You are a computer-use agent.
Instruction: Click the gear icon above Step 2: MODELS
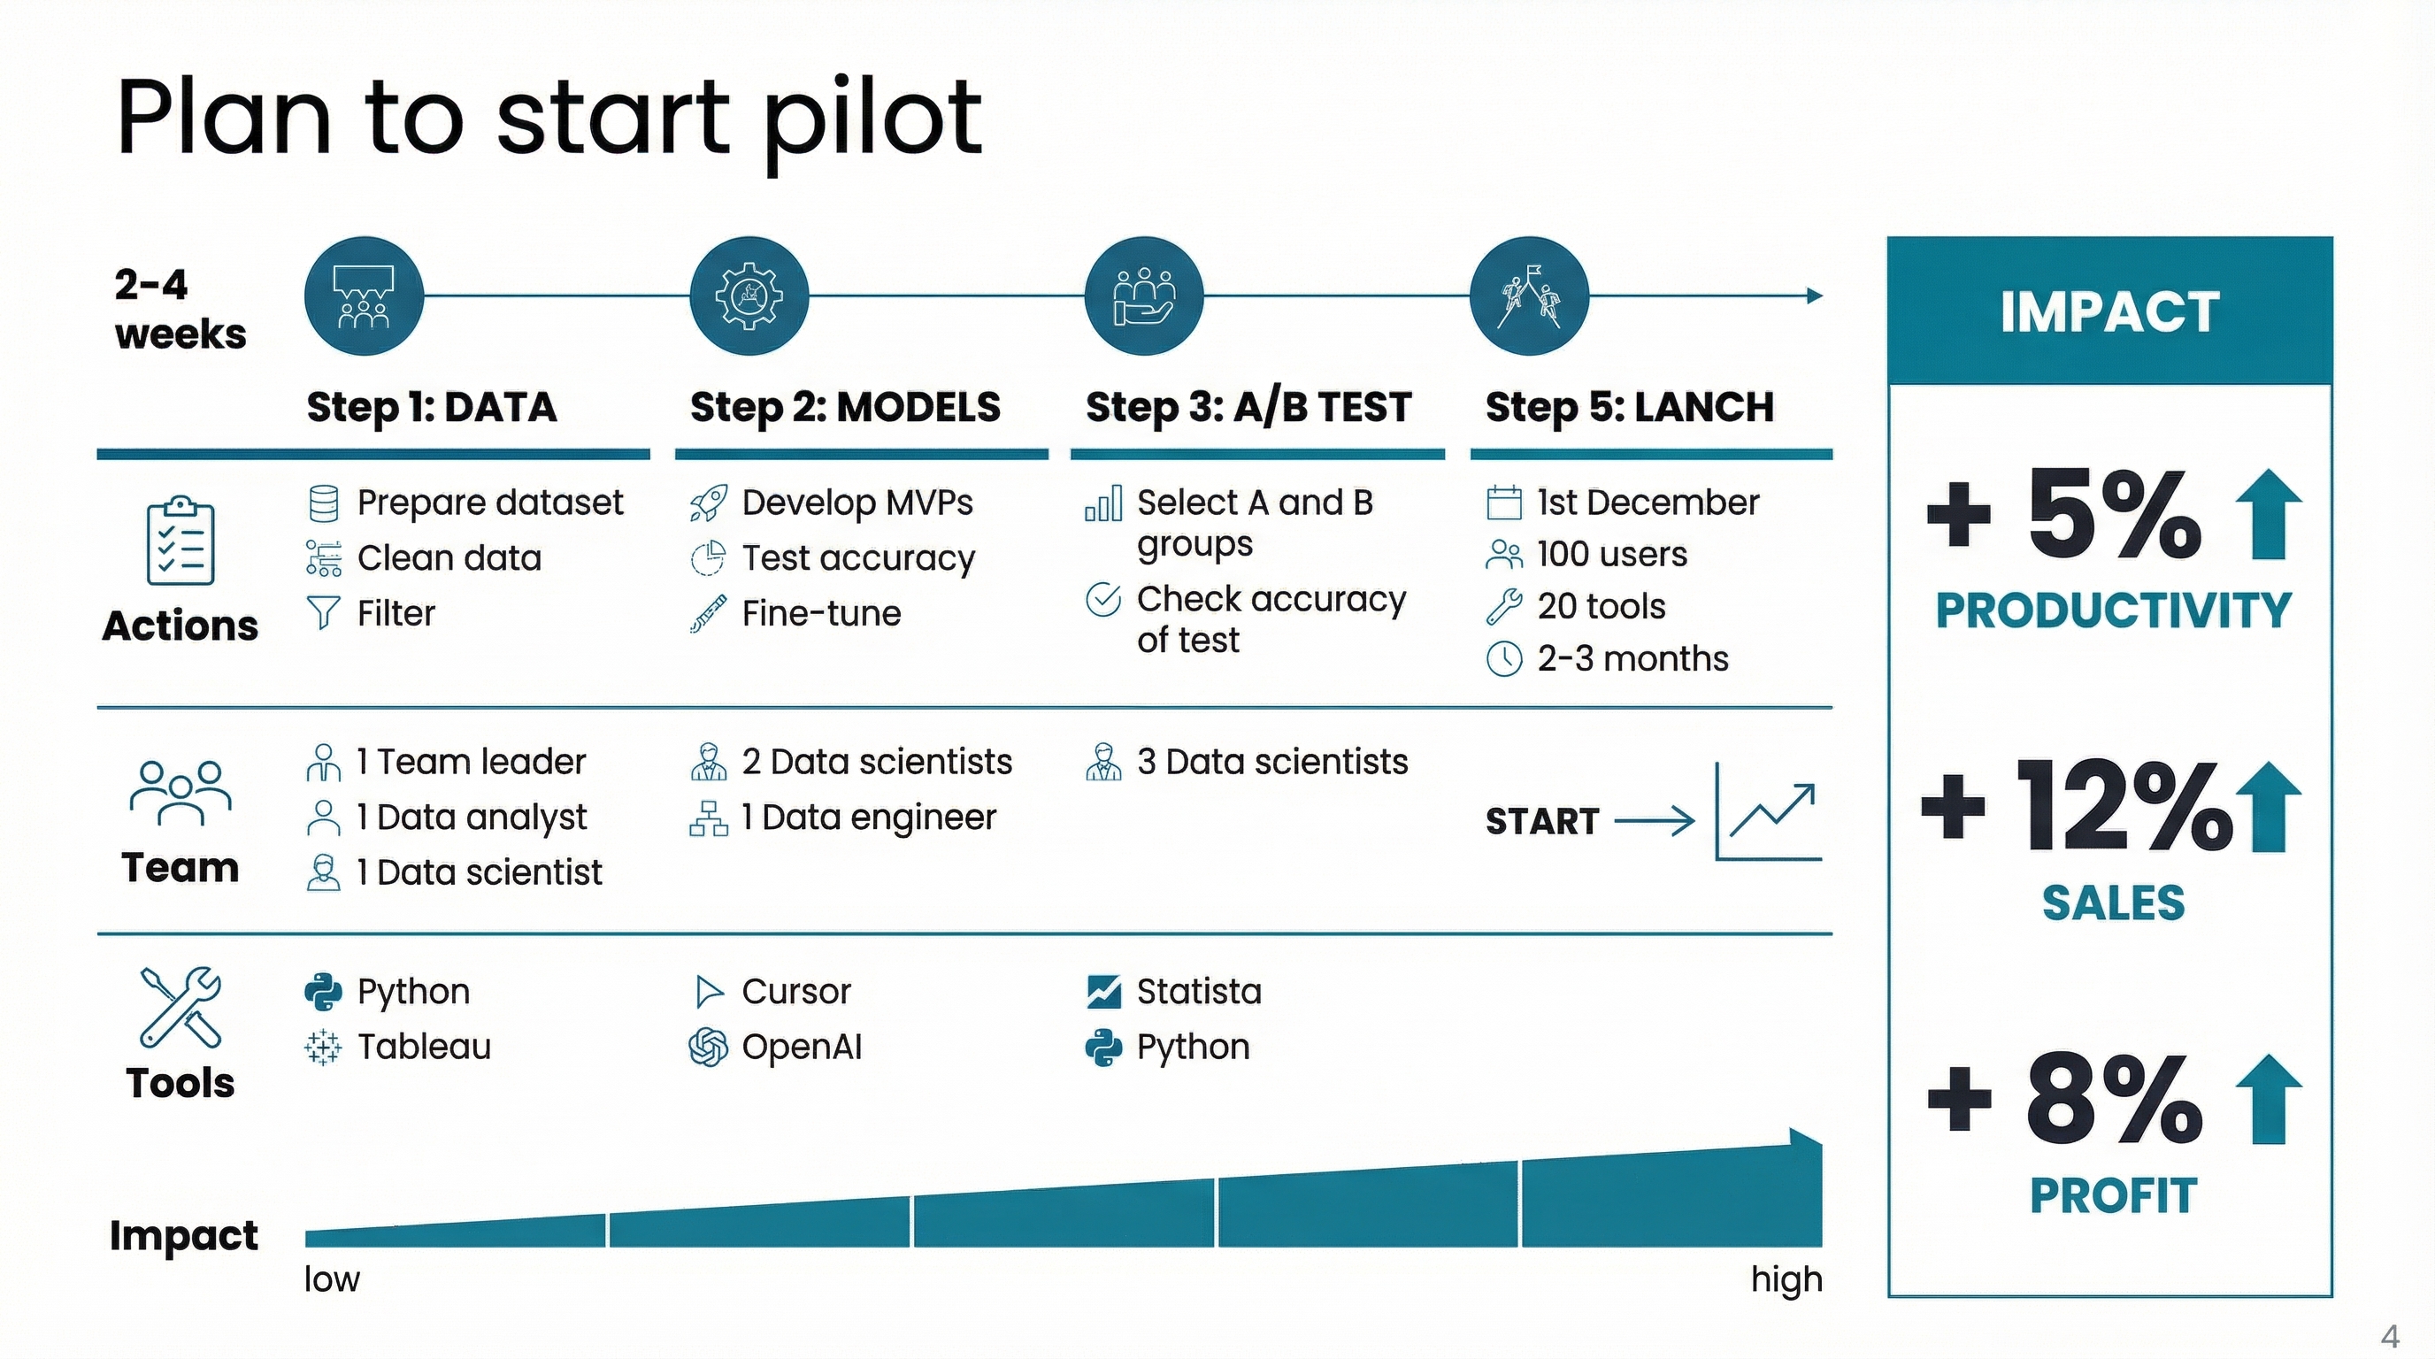tap(749, 296)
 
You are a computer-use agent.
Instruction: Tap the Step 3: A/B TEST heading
tap(1248, 407)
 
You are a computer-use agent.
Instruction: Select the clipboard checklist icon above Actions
tap(181, 541)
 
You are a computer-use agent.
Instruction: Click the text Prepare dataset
tap(489, 503)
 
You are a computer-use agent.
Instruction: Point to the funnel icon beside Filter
tap(323, 612)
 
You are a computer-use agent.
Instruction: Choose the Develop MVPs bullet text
tap(857, 503)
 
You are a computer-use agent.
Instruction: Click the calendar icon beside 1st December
tap(1504, 503)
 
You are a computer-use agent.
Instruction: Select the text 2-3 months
tap(1632, 659)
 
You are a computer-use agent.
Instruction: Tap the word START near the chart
tap(1541, 821)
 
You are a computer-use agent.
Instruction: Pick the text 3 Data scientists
tap(1272, 762)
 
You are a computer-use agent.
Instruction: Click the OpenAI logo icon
tap(708, 1048)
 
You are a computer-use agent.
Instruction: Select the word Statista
tap(1199, 991)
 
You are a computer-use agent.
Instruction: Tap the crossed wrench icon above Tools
tap(181, 1008)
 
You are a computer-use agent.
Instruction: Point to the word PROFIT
tap(2113, 1195)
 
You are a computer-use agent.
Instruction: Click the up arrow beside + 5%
tap(2269, 515)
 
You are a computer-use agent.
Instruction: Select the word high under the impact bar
tap(1786, 1278)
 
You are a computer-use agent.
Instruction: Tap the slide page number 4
tap(2390, 1336)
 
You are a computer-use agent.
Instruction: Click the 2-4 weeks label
tap(180, 309)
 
